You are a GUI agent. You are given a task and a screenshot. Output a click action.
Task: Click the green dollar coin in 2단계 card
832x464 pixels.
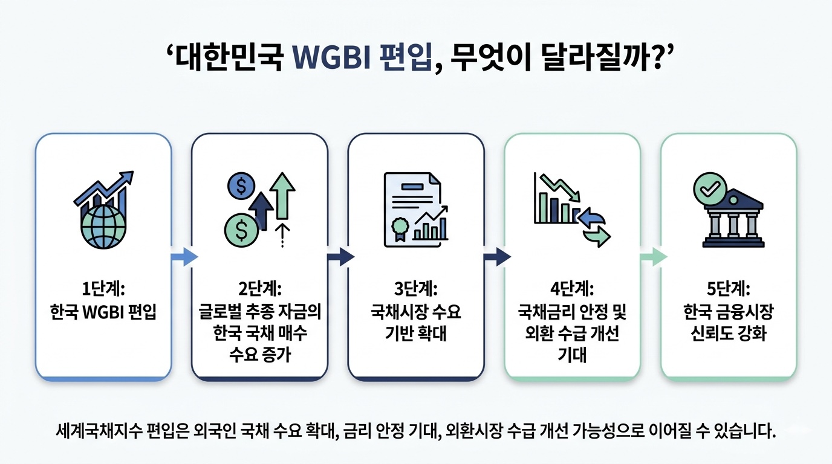(240, 230)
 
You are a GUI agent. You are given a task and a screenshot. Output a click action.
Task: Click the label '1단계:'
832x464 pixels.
(103, 289)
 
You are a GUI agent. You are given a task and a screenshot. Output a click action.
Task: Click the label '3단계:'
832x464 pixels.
(415, 289)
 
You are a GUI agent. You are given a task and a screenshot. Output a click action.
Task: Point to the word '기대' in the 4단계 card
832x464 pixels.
(572, 355)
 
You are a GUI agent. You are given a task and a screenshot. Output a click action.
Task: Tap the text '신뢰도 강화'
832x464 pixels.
(728, 333)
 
